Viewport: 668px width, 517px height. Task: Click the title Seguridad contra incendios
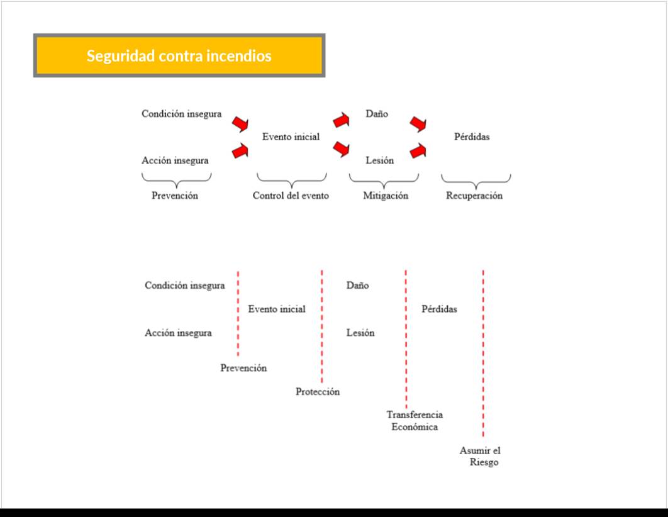point(179,56)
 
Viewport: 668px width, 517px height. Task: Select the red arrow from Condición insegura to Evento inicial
point(240,124)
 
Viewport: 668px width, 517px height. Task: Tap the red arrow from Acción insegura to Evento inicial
point(240,150)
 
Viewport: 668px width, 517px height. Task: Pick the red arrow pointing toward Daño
point(342,120)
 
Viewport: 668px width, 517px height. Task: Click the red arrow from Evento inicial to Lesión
point(342,148)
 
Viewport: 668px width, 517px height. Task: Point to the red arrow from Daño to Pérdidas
point(418,124)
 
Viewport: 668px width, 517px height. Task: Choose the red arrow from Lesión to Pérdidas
point(418,150)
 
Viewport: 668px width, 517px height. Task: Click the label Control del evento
point(291,196)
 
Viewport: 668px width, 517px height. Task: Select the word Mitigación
point(386,196)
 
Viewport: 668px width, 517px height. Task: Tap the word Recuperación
point(474,196)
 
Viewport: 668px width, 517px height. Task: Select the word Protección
point(318,392)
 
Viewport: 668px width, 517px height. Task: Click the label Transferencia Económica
point(415,421)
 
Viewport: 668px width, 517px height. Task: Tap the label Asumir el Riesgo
point(481,456)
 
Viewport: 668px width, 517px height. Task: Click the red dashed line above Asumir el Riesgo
point(483,352)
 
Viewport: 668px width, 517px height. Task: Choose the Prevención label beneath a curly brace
point(175,196)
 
